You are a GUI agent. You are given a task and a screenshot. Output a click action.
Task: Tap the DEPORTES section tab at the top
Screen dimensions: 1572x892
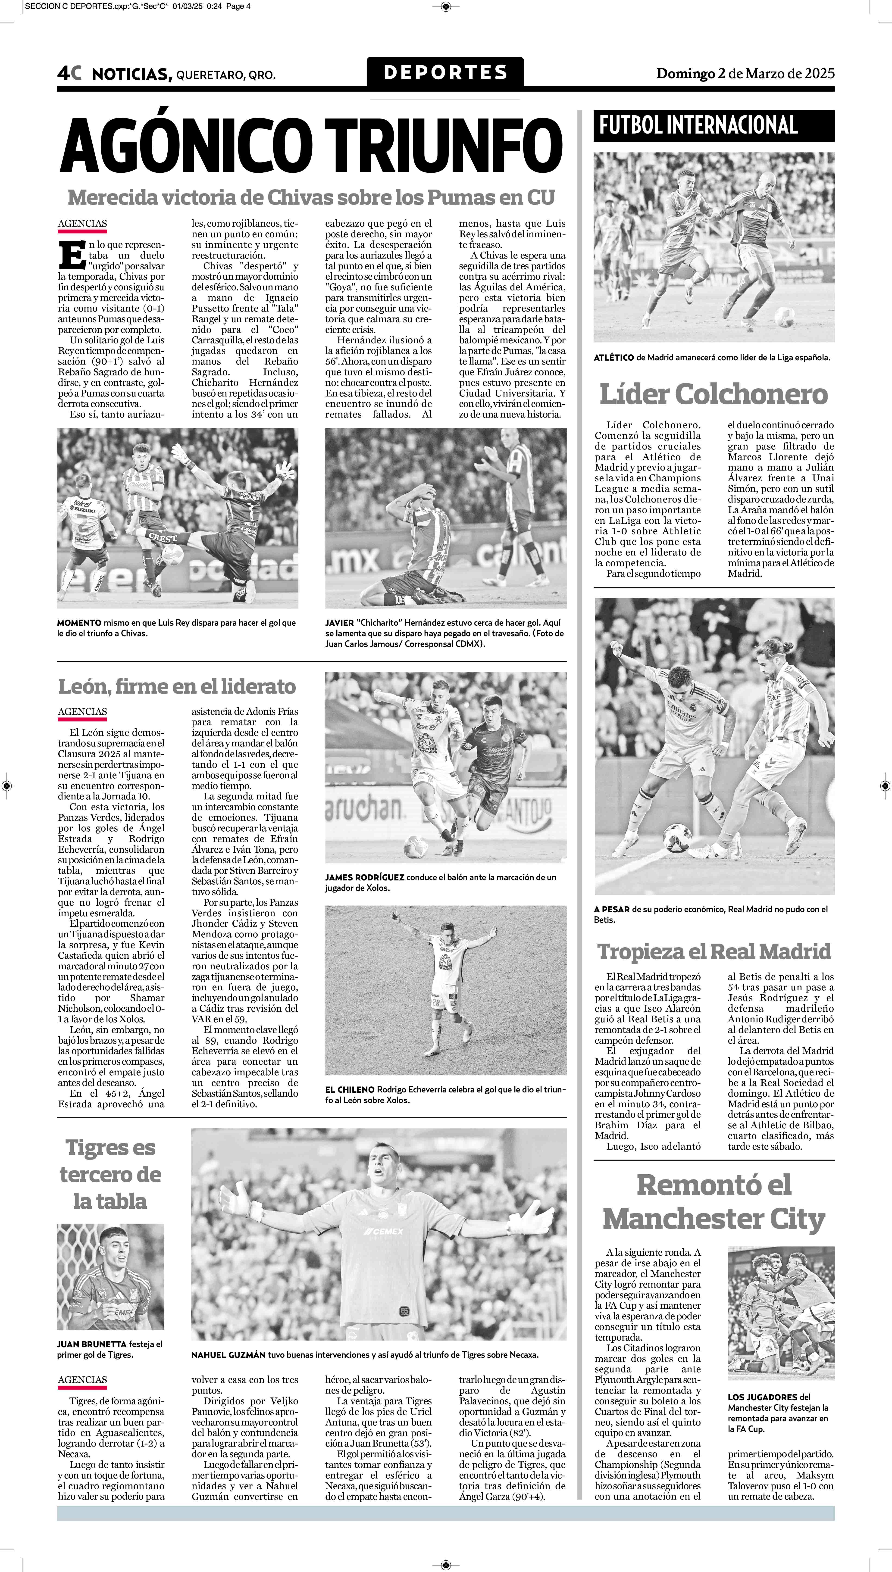(445, 72)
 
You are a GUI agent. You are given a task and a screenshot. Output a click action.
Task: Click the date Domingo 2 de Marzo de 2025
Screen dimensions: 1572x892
(745, 74)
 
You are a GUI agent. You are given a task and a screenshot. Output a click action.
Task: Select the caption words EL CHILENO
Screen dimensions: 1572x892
(350, 1089)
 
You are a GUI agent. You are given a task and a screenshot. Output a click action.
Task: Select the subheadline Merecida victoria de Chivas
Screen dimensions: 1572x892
(311, 197)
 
